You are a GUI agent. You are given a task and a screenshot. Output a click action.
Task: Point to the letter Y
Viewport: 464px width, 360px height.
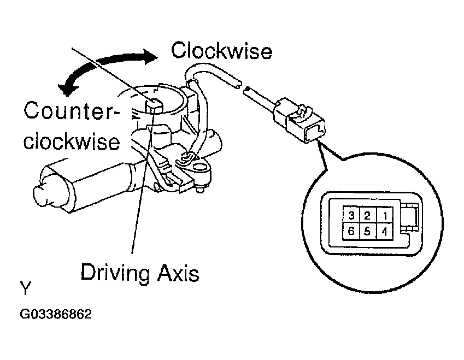[x=26, y=288]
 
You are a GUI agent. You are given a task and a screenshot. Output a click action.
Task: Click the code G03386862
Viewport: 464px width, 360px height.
[x=56, y=315]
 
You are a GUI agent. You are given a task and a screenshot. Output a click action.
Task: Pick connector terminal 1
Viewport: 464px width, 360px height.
[x=386, y=215]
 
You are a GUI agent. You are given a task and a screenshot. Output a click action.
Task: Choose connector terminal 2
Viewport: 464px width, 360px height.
[x=368, y=215]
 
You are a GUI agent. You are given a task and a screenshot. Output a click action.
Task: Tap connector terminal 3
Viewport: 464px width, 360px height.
[x=351, y=215]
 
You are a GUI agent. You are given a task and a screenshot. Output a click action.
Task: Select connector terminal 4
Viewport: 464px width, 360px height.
[x=386, y=231]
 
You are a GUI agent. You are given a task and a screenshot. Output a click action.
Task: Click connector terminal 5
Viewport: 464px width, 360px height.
[x=368, y=231]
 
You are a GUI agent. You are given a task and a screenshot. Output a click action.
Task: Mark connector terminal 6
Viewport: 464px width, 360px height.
[x=351, y=231]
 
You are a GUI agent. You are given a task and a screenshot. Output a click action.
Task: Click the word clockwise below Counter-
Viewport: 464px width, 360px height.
[x=72, y=140]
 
